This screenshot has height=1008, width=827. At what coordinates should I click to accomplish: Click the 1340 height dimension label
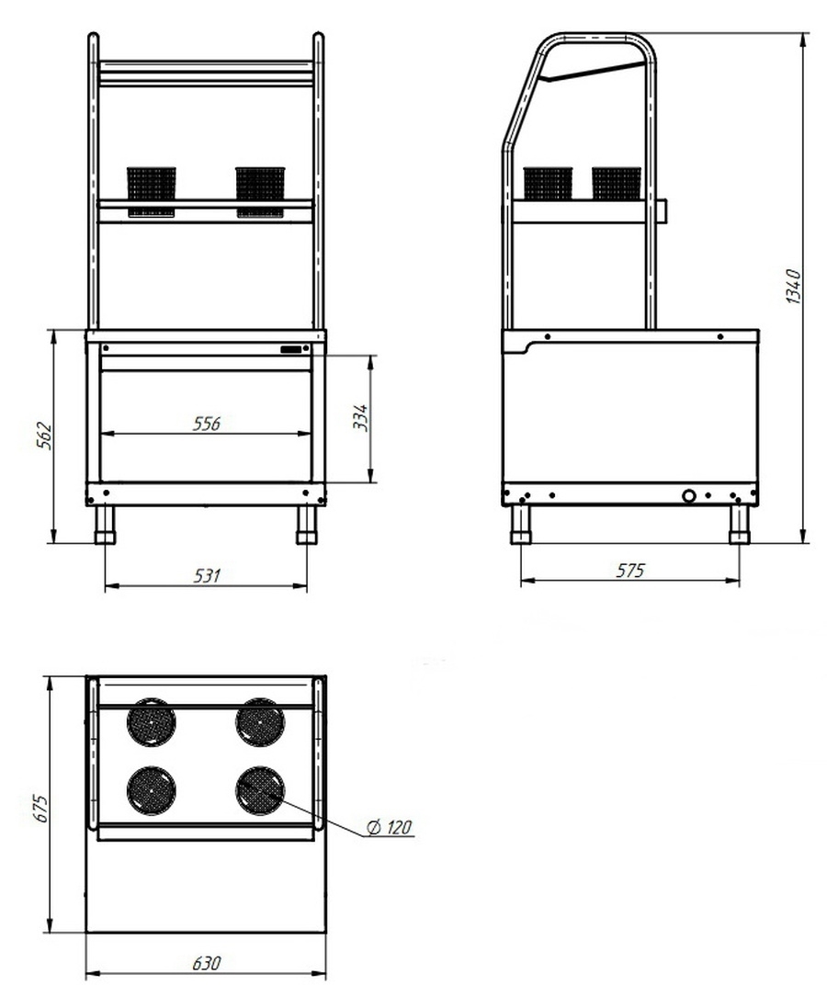[x=794, y=286]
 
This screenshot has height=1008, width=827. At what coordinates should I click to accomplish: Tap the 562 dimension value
[x=44, y=436]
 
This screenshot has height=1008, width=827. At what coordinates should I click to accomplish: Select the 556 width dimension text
[x=207, y=423]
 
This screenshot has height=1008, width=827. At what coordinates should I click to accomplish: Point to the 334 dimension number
[x=361, y=418]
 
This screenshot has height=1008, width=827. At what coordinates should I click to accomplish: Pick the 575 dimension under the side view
[x=629, y=571]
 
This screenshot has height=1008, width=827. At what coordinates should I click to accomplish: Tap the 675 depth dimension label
[x=41, y=808]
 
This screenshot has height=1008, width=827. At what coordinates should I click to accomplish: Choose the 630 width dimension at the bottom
[x=207, y=963]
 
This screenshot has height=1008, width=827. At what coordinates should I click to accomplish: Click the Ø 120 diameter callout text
[x=389, y=827]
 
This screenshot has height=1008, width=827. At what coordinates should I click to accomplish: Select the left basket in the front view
[x=152, y=191]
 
